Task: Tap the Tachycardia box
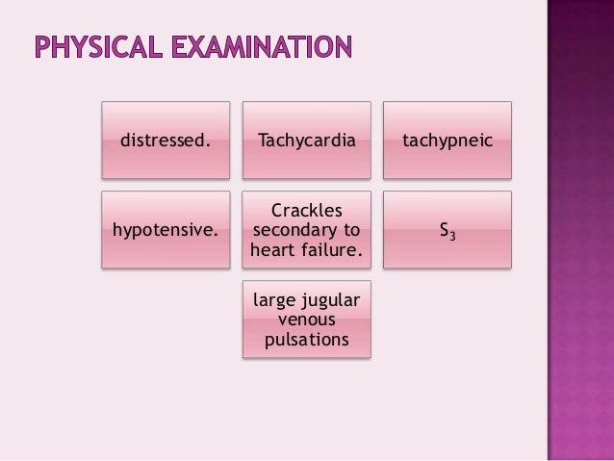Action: pos(306,141)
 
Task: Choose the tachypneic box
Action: pos(448,141)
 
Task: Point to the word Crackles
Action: pos(306,210)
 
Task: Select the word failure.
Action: pos(331,252)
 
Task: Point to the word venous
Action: pos(306,321)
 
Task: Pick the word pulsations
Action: pos(306,342)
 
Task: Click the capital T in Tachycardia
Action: pos(263,141)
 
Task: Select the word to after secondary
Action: pos(350,231)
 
